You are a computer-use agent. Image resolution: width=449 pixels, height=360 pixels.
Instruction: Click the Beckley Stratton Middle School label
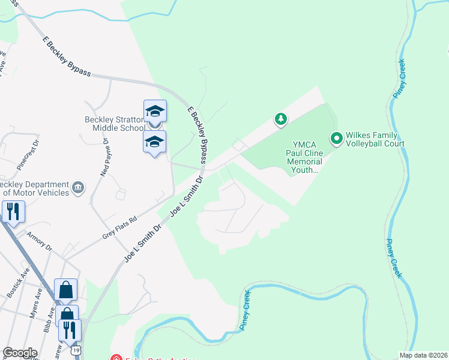tap(114, 123)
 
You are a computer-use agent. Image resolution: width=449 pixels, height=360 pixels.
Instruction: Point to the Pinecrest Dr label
tap(28, 151)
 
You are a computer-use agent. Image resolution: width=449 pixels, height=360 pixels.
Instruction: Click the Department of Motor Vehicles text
tap(34, 188)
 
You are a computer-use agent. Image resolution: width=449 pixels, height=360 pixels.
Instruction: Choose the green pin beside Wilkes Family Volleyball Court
tap(337, 139)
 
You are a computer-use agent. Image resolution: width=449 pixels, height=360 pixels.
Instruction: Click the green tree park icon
tap(280, 119)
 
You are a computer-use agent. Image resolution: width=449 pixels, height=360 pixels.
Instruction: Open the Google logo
tap(20, 352)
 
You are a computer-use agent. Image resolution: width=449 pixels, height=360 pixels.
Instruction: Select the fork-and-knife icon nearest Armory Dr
tap(12, 212)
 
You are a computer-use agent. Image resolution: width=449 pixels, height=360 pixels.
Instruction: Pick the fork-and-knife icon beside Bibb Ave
tap(70, 329)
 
